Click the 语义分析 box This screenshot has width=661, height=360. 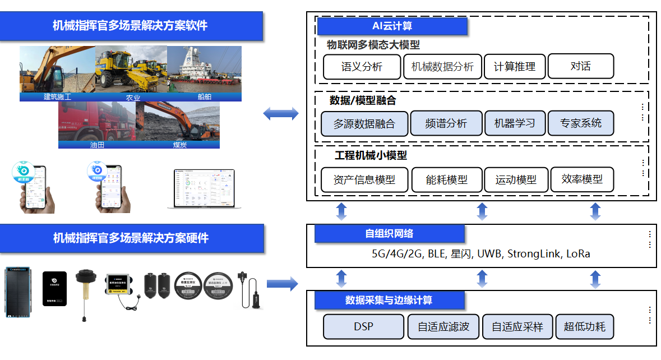pyautogui.click(x=362, y=67)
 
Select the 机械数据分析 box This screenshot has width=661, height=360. pyautogui.click(x=442, y=67)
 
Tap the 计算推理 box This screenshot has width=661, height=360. pyautogui.click(x=514, y=67)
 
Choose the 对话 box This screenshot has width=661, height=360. pyautogui.click(x=580, y=66)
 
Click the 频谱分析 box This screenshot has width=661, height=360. pyautogui.click(x=446, y=123)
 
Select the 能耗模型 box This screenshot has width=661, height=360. pyautogui.click(x=446, y=180)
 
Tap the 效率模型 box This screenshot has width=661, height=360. pyautogui.click(x=581, y=179)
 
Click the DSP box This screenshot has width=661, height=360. pyautogui.click(x=363, y=326)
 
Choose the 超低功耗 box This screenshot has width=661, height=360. pyautogui.click(x=584, y=326)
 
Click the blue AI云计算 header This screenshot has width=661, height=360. pyautogui.click(x=392, y=26)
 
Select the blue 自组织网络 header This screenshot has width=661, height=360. pyautogui.click(x=389, y=234)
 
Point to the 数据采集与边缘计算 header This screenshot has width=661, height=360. pyautogui.click(x=389, y=300)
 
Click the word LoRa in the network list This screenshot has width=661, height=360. pyautogui.click(x=578, y=254)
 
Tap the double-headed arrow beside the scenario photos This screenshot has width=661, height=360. pyautogui.click(x=281, y=114)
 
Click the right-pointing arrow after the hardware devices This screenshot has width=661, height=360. pyautogui.click(x=282, y=284)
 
